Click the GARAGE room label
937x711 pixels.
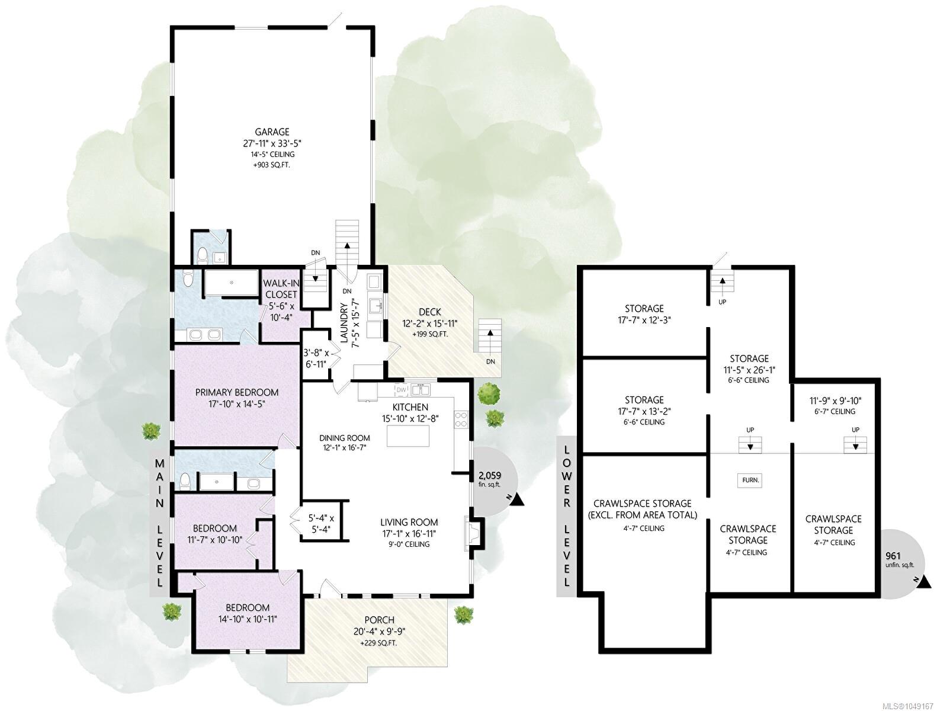pyautogui.click(x=272, y=132)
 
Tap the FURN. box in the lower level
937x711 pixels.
pyautogui.click(x=750, y=480)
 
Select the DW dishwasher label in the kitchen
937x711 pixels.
pyautogui.click(x=401, y=390)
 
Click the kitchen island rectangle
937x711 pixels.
pyautogui.click(x=407, y=435)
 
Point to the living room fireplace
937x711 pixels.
pyautogui.click(x=474, y=533)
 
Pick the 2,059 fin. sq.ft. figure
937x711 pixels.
pyautogui.click(x=490, y=479)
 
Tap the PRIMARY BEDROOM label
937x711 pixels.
pyautogui.click(x=236, y=392)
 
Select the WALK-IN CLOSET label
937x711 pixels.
pyautogui.click(x=280, y=289)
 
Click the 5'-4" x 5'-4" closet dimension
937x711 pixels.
pyautogui.click(x=321, y=524)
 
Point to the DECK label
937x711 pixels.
pyautogui.click(x=430, y=312)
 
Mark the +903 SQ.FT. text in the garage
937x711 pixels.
pyautogui.click(x=271, y=165)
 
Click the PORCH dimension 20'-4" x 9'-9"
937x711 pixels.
pyautogui.click(x=379, y=632)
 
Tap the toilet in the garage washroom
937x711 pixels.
pyautogui.click(x=203, y=255)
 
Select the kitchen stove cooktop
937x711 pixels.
pyautogui.click(x=461, y=419)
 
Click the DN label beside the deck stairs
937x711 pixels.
pyautogui.click(x=490, y=361)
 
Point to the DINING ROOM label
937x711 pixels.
pyautogui.click(x=345, y=438)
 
